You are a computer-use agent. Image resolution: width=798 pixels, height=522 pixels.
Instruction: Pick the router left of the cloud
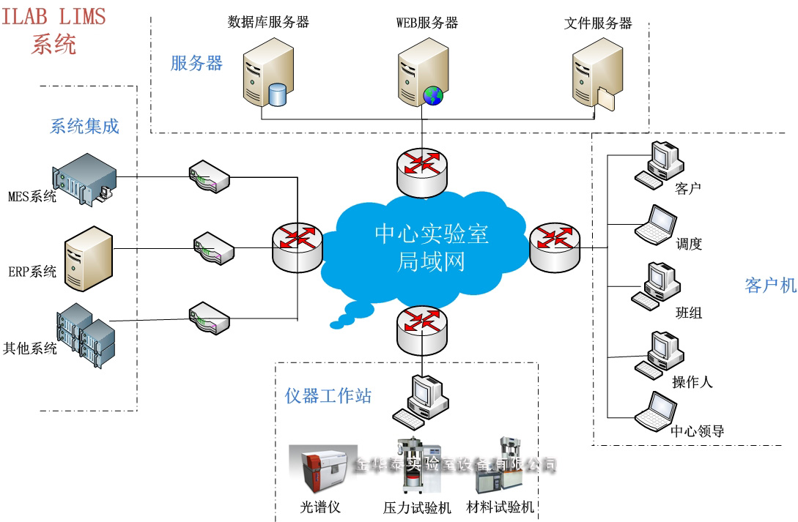coord(297,245)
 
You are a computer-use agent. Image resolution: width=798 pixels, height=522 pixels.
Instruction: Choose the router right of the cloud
coord(553,245)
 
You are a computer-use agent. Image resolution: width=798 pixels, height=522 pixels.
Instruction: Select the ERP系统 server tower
coord(88,258)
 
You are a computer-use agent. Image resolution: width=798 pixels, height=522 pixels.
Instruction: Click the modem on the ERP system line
coord(213,247)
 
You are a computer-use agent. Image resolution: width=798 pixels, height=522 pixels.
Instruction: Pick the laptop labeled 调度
coord(656,225)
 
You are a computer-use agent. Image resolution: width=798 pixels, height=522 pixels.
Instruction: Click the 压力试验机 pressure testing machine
coord(415,469)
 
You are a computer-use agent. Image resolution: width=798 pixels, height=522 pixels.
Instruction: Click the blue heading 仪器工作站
coord(328,396)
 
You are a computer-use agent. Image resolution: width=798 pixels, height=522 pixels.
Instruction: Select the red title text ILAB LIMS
coord(53,16)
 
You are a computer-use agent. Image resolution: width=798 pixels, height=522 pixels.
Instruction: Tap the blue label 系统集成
coord(84,126)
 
